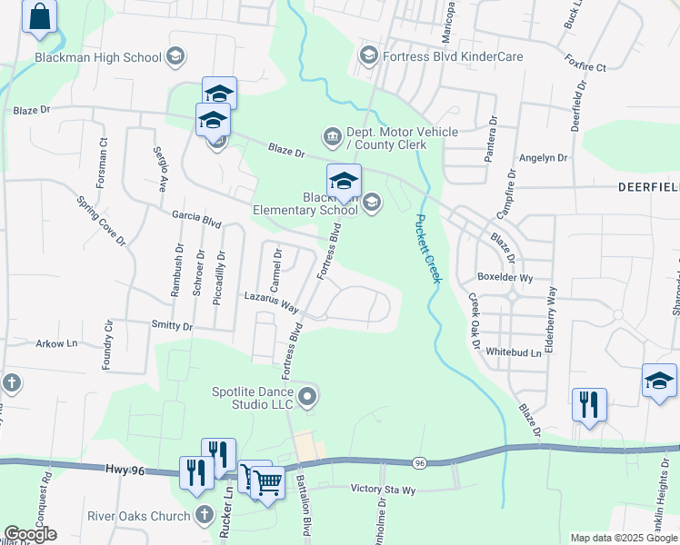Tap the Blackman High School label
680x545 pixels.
pos(98,57)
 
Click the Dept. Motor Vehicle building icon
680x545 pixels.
pos(332,137)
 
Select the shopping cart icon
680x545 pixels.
pos(265,483)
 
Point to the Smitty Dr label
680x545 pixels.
pos(173,325)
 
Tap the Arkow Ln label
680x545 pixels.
pos(56,344)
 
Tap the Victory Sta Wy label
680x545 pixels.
pos(383,489)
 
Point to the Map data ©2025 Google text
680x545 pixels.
pos(623,538)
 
